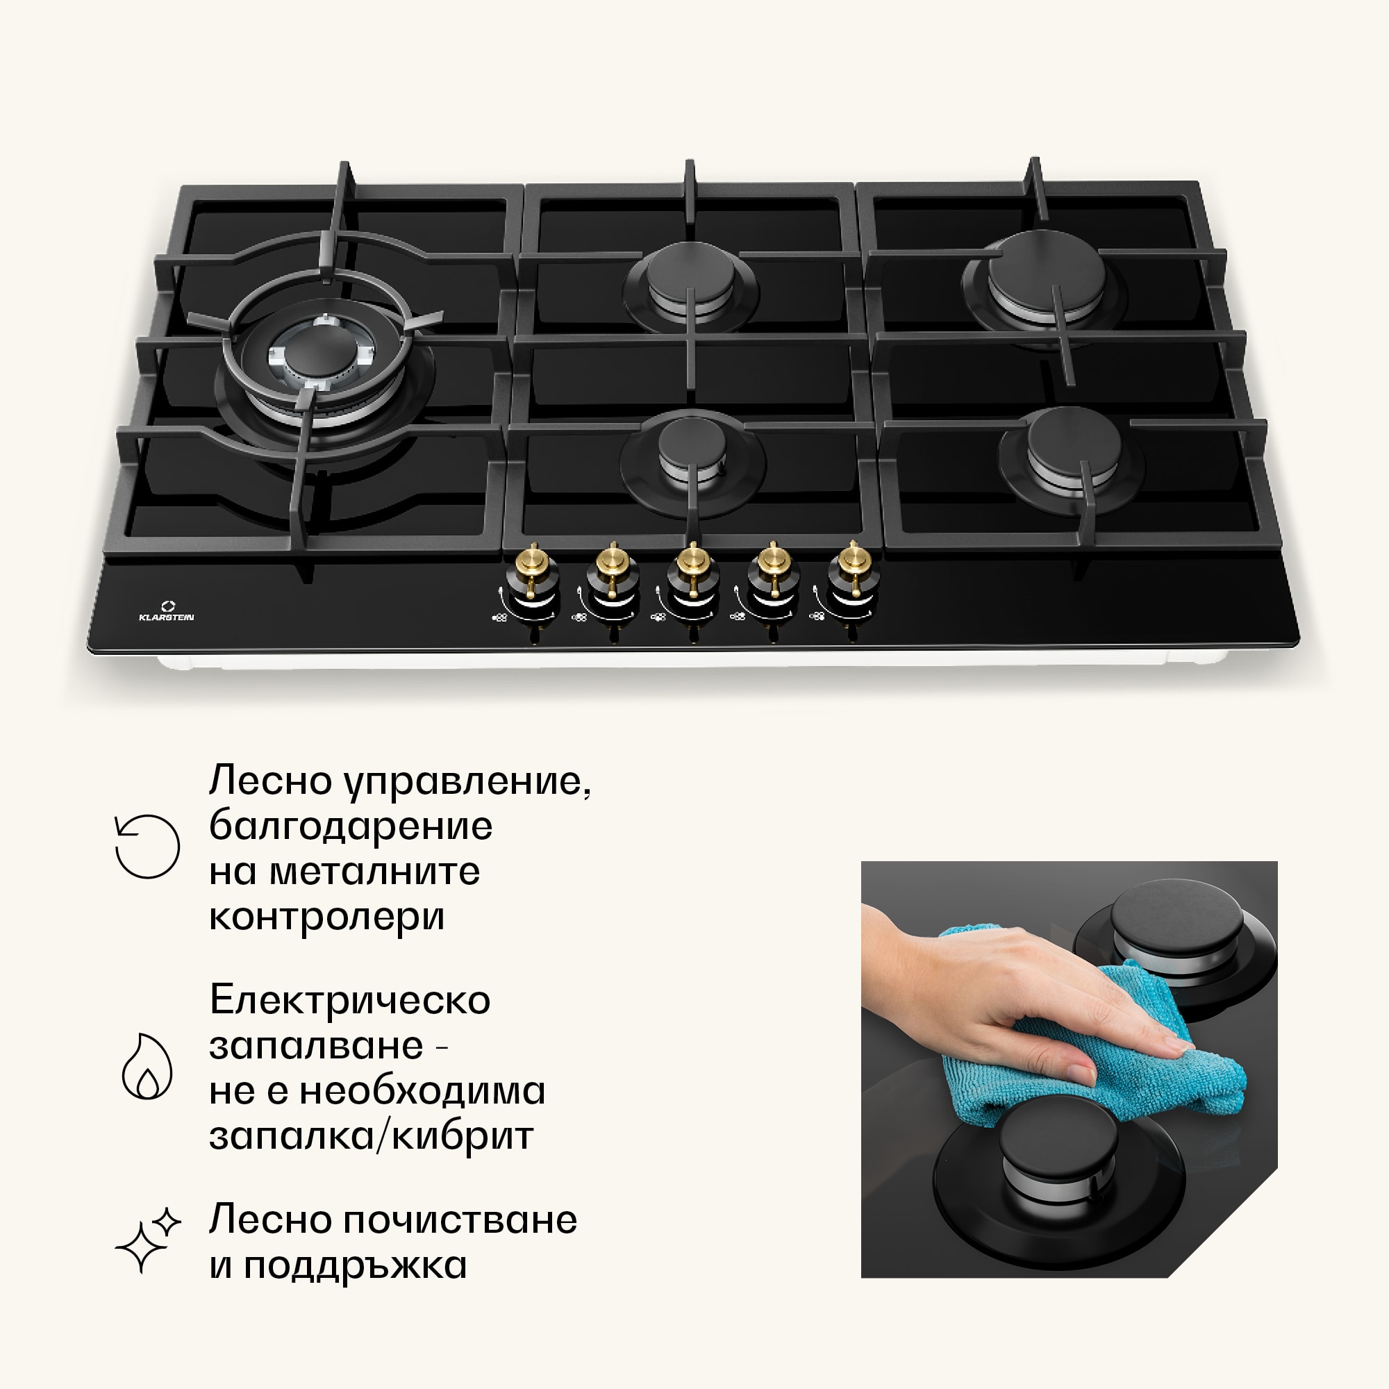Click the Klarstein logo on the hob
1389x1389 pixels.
click(x=166, y=611)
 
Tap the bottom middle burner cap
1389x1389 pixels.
click(x=692, y=443)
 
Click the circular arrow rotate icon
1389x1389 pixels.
click(x=147, y=846)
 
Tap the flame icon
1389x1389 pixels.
click(x=147, y=1066)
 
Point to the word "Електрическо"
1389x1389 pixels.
click(x=350, y=1000)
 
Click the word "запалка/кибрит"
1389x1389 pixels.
click(x=371, y=1137)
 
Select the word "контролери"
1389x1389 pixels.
click(x=327, y=917)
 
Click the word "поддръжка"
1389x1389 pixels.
click(x=355, y=1266)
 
